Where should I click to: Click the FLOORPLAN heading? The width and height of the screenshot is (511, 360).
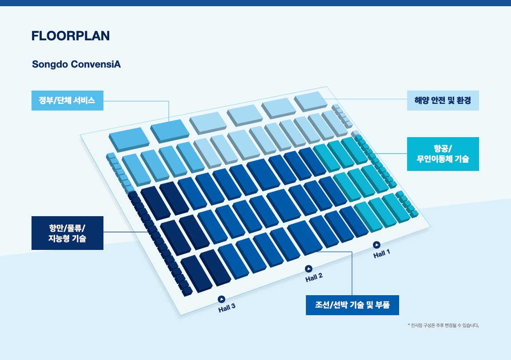pyautogui.click(x=71, y=36)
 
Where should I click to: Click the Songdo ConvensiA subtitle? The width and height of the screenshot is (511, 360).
pyautogui.click(x=76, y=64)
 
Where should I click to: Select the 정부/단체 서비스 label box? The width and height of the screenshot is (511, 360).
pyautogui.click(x=67, y=100)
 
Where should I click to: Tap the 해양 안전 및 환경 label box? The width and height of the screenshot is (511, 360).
pyautogui.click(x=443, y=100)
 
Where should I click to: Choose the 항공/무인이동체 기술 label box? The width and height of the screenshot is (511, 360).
pyautogui.click(x=443, y=154)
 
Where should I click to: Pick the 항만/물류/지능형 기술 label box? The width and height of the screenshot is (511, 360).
pyautogui.click(x=67, y=233)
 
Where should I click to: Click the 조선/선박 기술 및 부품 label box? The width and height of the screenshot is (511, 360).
pyautogui.click(x=353, y=305)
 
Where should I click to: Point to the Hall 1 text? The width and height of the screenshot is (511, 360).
pyautogui.click(x=382, y=253)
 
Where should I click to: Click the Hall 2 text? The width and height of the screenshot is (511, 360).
pyautogui.click(x=314, y=277)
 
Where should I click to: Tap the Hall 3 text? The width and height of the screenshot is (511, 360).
pyautogui.click(x=226, y=308)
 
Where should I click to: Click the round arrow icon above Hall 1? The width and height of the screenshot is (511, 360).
pyautogui.click(x=376, y=245)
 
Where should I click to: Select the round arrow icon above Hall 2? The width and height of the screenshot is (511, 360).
pyautogui.click(x=309, y=269)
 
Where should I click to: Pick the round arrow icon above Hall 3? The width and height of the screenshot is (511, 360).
pyautogui.click(x=221, y=299)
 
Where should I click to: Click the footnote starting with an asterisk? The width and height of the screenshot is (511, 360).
pyautogui.click(x=443, y=325)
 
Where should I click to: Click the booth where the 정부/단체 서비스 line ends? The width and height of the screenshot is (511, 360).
pyautogui.click(x=170, y=131)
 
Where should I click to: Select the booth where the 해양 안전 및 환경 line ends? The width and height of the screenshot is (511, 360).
pyautogui.click(x=311, y=102)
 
